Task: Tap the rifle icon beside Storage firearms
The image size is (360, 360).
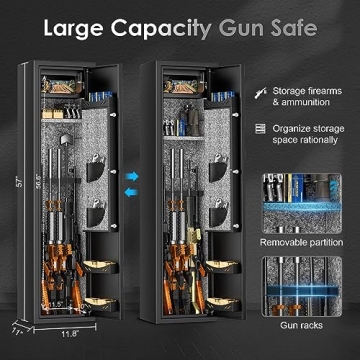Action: [260, 92]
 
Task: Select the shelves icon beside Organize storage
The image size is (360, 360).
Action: [260, 128]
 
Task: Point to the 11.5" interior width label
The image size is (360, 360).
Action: [56, 304]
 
